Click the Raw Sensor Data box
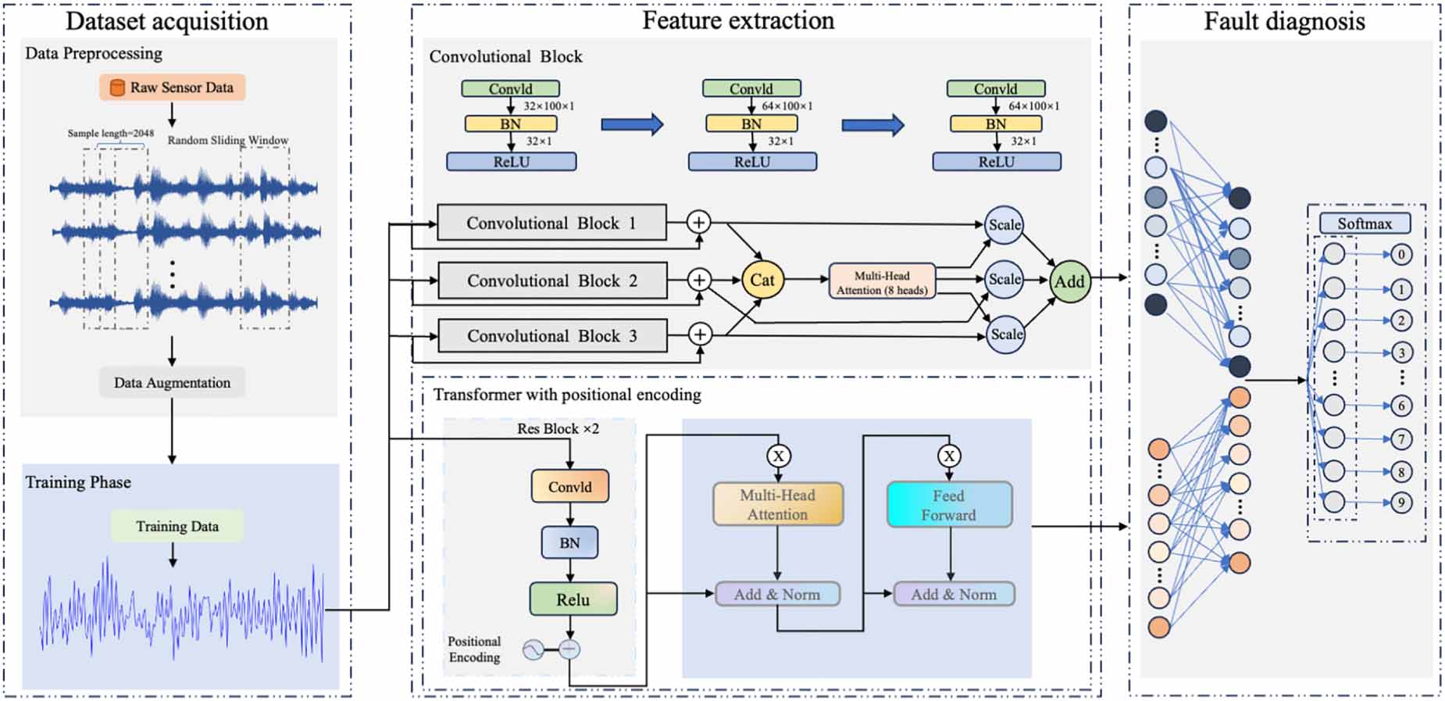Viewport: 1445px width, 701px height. [x=172, y=88]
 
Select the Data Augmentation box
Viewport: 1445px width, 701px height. [x=172, y=382]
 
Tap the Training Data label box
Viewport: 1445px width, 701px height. [x=177, y=526]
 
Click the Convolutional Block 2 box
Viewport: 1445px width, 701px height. [x=552, y=281]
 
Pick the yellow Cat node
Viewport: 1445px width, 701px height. [x=762, y=280]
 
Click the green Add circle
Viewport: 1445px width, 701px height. [x=1069, y=281]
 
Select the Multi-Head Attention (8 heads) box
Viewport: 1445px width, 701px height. [x=882, y=282]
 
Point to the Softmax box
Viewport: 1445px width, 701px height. [x=1365, y=224]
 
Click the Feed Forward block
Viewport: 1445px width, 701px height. [x=949, y=505]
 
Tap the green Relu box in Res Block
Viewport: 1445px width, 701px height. [x=573, y=599]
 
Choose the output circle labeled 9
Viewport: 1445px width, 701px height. [x=1401, y=503]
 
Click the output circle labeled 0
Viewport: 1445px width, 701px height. [x=1401, y=254]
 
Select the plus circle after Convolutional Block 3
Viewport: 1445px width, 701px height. [x=700, y=334]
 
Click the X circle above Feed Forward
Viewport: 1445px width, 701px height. [x=949, y=456]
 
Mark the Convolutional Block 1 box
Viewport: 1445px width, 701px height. [x=551, y=223]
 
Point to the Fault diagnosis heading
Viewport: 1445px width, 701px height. [x=1284, y=21]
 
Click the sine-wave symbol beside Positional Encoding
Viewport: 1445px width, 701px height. [x=533, y=649]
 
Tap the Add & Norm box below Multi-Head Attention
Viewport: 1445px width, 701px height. [x=777, y=594]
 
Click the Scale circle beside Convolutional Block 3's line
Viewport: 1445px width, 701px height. [x=1005, y=334]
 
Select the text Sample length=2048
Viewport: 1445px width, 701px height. [x=110, y=134]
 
